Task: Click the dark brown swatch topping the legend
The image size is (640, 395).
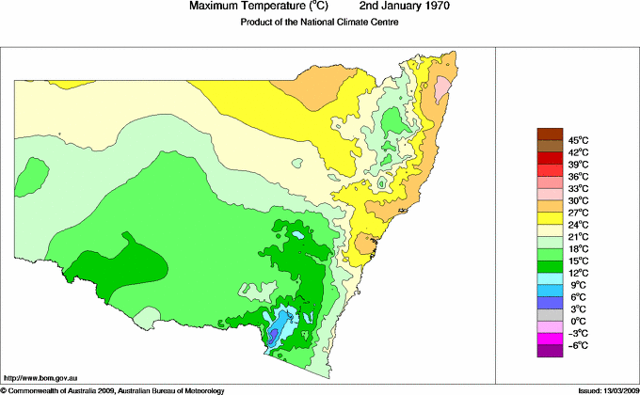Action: (549, 134)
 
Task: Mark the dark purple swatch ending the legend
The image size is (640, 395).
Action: (549, 351)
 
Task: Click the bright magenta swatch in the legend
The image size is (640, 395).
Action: (549, 339)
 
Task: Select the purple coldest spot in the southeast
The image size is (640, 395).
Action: (274, 334)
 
